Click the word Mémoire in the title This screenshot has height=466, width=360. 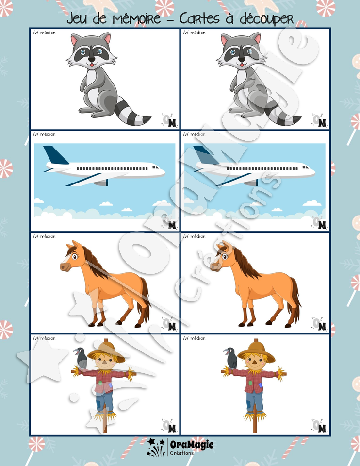point(137,18)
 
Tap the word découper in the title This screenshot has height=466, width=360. point(266,19)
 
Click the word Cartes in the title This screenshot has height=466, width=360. point(199,18)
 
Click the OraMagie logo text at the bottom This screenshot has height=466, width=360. point(192,445)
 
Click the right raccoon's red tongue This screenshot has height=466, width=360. point(242,65)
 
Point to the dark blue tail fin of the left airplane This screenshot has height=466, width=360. point(55,154)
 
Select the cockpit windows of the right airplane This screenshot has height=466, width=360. point(306,167)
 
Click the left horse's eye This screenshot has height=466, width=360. point(74,256)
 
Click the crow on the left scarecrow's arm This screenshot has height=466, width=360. point(81,358)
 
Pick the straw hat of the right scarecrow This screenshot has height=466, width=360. point(256,350)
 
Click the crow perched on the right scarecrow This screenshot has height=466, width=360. point(231,358)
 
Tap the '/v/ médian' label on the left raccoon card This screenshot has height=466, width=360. point(44,33)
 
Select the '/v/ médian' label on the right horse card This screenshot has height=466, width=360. point(194,236)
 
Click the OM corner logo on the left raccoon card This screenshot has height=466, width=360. point(169,120)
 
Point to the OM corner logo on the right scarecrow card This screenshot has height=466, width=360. point(319,426)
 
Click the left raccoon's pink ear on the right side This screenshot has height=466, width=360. point(107,38)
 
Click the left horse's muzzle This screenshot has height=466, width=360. point(65,266)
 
